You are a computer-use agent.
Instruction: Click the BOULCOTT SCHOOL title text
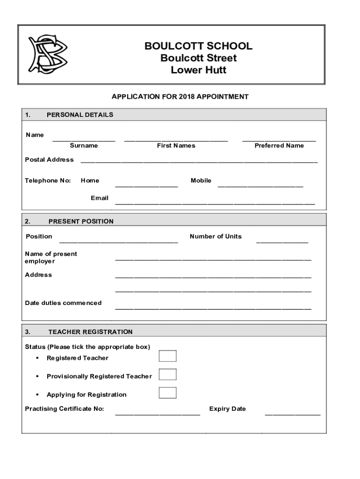[x=198, y=46]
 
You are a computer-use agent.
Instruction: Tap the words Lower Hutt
[x=198, y=70]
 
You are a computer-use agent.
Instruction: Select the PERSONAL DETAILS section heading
[x=79, y=115]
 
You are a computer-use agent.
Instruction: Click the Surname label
[x=84, y=145]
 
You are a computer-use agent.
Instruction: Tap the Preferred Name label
[x=279, y=145]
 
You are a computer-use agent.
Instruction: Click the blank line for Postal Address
[x=199, y=162]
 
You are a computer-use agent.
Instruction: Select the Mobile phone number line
[x=260, y=186]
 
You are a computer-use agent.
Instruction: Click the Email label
[x=100, y=198]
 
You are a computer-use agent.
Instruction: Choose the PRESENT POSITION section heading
[x=81, y=221]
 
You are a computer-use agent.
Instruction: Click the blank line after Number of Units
[x=282, y=242]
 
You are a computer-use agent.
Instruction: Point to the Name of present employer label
[x=51, y=257]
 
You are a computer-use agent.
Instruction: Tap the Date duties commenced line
[x=213, y=308]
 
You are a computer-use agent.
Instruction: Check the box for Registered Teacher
[x=168, y=356]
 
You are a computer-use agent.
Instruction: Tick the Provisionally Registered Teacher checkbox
[x=168, y=374]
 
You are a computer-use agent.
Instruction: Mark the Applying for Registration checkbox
[x=168, y=392]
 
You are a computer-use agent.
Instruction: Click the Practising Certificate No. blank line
[x=158, y=414]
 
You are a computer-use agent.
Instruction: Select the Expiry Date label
[x=227, y=409]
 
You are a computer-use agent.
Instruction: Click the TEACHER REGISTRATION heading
[x=90, y=332]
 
